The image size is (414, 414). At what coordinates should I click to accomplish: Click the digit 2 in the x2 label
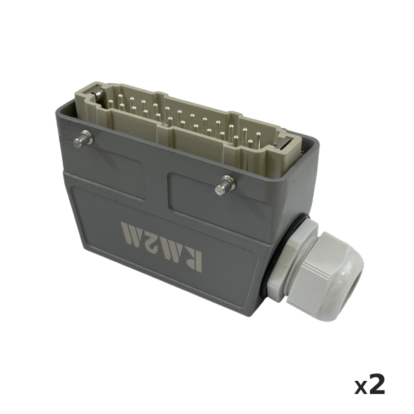376,384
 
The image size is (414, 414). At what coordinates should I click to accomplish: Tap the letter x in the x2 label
360,388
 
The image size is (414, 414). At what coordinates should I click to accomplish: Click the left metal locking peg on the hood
83,139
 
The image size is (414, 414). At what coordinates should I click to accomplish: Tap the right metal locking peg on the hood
225,186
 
